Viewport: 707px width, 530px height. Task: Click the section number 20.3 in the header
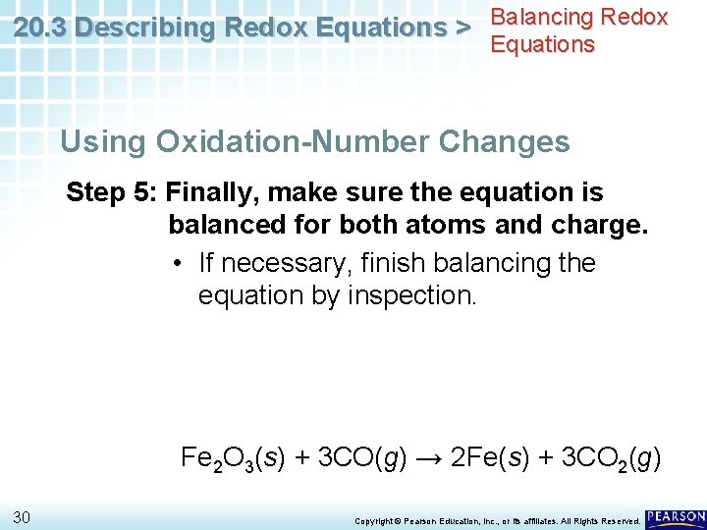tap(42, 27)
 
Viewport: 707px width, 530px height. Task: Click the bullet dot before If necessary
tap(175, 264)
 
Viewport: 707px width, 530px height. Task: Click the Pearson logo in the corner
tap(676, 516)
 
